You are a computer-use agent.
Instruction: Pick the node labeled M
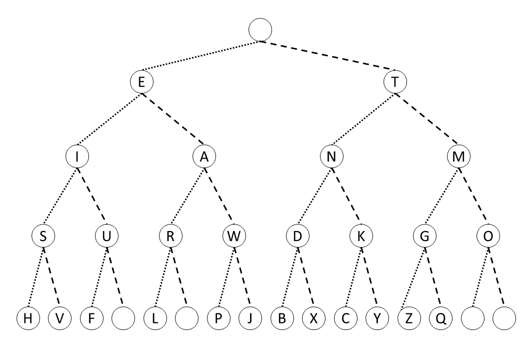click(459, 157)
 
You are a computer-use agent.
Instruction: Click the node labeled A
click(204, 157)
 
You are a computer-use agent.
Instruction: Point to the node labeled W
click(234, 236)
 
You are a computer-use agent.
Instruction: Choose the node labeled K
click(361, 236)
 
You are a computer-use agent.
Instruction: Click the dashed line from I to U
click(91, 196)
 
